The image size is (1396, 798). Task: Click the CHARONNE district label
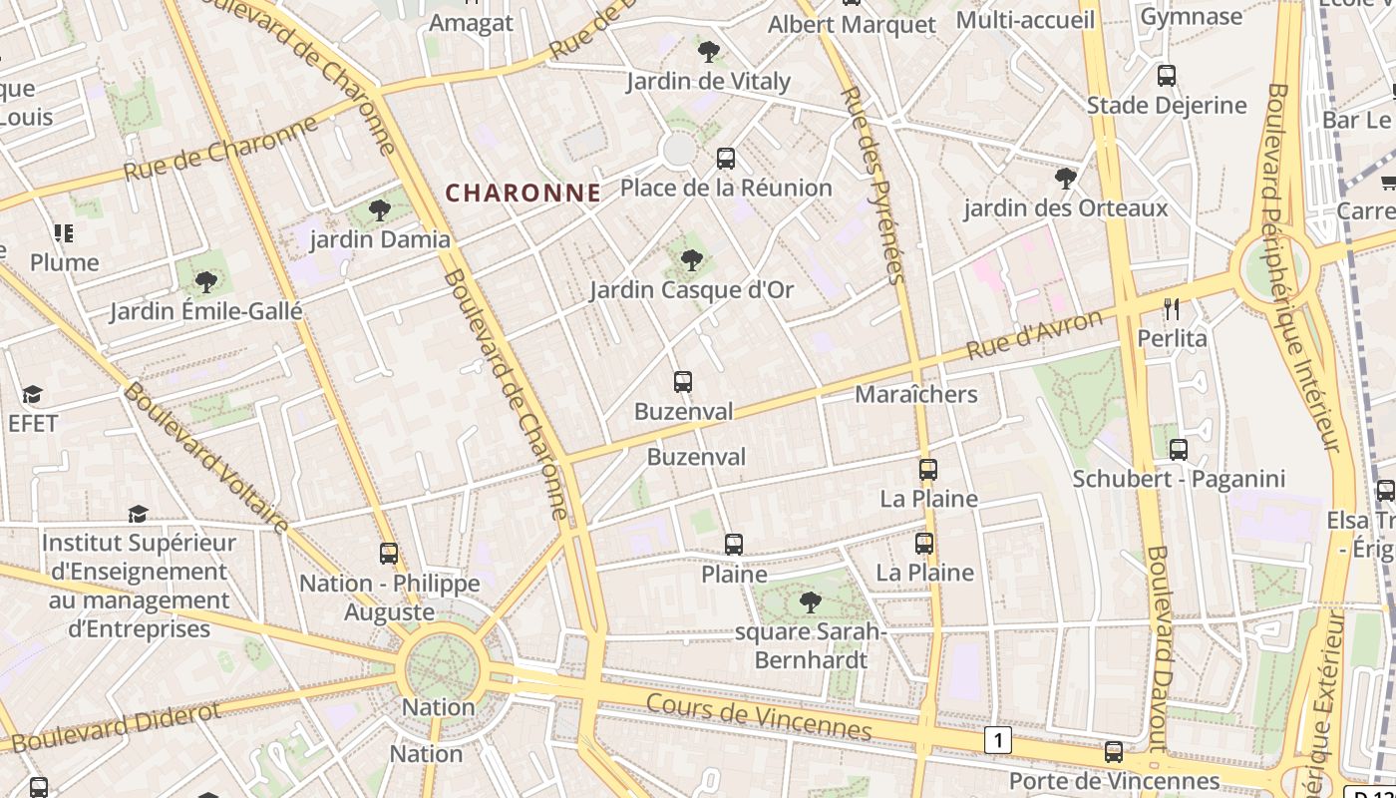(523, 193)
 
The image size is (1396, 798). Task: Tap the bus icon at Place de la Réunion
(726, 158)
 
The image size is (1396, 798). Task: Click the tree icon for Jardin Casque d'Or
(690, 261)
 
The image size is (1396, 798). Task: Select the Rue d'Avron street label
(1036, 336)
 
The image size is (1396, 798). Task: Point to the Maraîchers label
(915, 394)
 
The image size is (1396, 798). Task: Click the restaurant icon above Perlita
(1172, 309)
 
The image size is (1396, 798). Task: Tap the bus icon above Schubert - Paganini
(1178, 450)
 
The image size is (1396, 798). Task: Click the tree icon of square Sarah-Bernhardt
(810, 602)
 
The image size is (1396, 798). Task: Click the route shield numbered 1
(997, 740)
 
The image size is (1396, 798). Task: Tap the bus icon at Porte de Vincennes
(1114, 752)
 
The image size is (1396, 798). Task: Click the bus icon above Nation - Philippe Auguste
(389, 553)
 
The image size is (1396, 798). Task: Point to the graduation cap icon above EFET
(33, 394)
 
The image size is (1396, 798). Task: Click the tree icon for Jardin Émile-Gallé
(206, 282)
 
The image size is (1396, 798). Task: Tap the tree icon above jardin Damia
(380, 210)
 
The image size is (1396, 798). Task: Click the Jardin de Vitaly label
(708, 81)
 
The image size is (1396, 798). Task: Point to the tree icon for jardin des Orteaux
(1065, 180)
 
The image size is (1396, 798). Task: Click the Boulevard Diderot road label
(117, 727)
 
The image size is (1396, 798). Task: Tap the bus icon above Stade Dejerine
(1166, 75)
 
